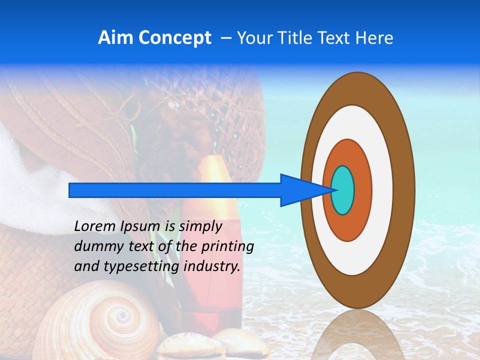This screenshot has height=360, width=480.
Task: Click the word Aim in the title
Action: [x=115, y=38]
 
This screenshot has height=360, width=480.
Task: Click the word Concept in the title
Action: [x=174, y=38]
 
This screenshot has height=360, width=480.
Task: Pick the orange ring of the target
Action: [x=362, y=190]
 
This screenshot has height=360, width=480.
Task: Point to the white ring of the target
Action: [x=382, y=190]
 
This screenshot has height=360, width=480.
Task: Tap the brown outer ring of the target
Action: [x=405, y=190]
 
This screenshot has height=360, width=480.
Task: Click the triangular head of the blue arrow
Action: [x=305, y=190]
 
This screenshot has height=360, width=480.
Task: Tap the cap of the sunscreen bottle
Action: [x=214, y=170]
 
